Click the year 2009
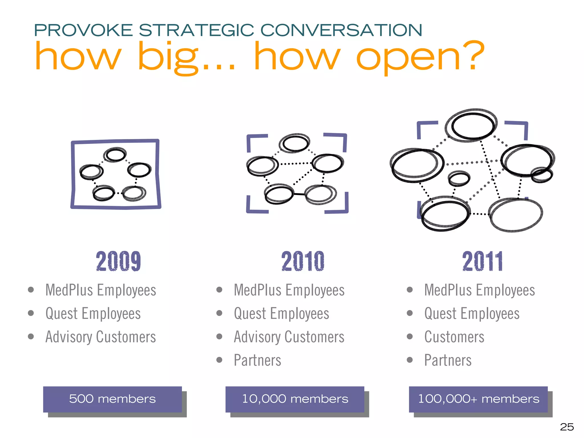coord(118,261)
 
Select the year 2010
coord(303,261)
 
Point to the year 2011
coord(482,261)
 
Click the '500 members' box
coord(112,399)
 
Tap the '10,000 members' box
coord(295,399)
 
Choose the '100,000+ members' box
coord(478,399)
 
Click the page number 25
coord(567,427)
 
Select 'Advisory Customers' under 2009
coord(101,337)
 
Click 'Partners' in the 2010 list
coord(257,360)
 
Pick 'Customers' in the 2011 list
coord(454,337)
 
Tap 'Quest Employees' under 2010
coord(281,314)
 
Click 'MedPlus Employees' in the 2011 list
coord(479,290)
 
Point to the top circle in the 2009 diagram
coord(115,155)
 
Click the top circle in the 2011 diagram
coord(472,126)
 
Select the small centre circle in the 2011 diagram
coord(459,179)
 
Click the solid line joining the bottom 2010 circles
coord(299,194)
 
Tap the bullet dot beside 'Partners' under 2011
coord(409,360)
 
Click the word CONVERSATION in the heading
coord(341,30)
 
